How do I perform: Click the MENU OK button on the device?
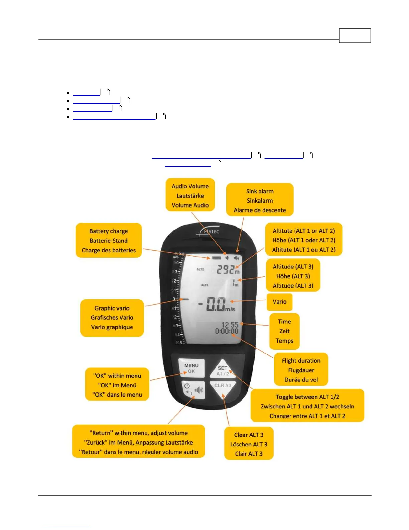coord(191,368)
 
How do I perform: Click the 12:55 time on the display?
coord(230,325)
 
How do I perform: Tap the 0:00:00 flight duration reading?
coord(227,331)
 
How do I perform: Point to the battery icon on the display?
coord(216,258)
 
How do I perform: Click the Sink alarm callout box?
coord(260,200)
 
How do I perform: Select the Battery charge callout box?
coord(109,240)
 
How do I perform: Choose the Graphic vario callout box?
coord(112,318)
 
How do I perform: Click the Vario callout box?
coord(279,302)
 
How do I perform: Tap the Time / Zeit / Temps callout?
coord(284,331)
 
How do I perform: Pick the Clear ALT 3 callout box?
coord(249,444)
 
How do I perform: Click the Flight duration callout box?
coord(301,370)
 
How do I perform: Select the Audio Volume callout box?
coord(190,195)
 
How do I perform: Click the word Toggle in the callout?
coord(285,397)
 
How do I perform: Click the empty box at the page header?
coord(355,36)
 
